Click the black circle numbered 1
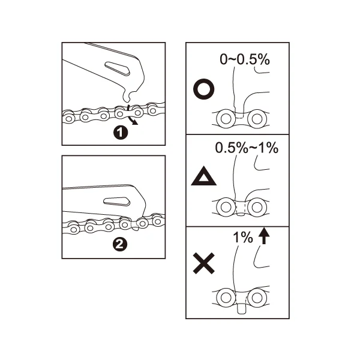(121, 133)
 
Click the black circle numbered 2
(120, 245)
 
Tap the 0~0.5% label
(245, 59)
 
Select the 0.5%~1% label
(247, 148)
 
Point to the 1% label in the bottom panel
(242, 238)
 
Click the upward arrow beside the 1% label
(264, 236)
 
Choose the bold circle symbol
(204, 89)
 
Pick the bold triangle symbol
(203, 176)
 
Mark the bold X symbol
(204, 263)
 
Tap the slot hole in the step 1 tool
(118, 68)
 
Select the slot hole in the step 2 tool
(116, 202)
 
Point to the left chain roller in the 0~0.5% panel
(226, 118)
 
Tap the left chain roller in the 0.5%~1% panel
(226, 207)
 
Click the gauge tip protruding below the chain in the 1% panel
(241, 308)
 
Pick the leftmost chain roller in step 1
(68, 118)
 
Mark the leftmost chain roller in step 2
(73, 229)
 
